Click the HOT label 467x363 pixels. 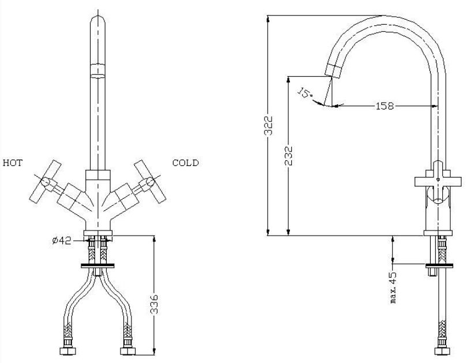coord(12,163)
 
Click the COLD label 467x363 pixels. coord(186,163)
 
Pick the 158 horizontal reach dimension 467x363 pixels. coord(385,105)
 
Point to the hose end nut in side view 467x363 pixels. coord(441,350)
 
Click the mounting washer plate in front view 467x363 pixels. coord(100,266)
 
